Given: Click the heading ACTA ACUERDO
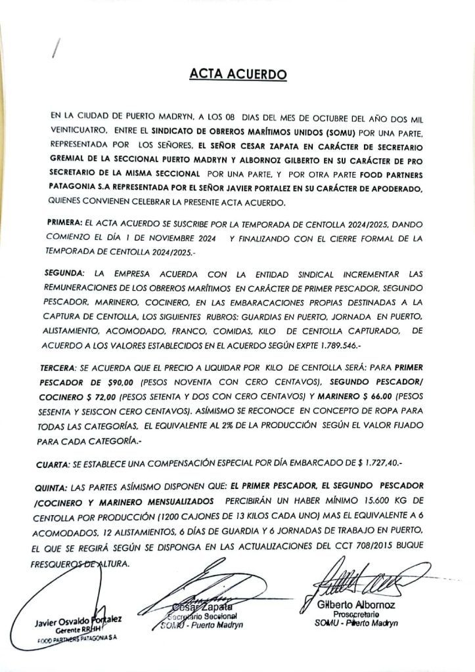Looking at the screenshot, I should coord(238,75).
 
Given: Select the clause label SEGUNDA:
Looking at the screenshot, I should coord(67,272).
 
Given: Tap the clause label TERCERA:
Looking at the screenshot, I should coord(66,369).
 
